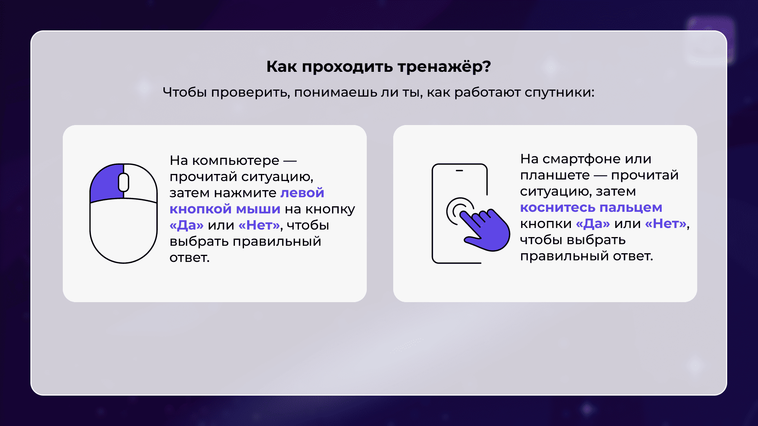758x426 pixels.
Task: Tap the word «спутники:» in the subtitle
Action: coord(559,93)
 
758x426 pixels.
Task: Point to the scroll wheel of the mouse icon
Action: coord(124,182)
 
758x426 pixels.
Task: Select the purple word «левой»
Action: coord(302,193)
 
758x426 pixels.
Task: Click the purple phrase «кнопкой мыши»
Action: coord(225,209)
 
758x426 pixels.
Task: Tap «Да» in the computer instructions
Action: coord(187,225)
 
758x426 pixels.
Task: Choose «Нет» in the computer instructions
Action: coord(259,225)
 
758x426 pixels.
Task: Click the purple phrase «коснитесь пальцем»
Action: coord(591,207)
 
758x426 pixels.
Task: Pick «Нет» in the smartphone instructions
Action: coord(666,224)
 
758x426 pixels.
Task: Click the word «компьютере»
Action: coord(236,161)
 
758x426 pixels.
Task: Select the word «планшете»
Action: coord(555,175)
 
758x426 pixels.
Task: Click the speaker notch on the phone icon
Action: coord(460,171)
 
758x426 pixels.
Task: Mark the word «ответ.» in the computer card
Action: coord(189,258)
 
